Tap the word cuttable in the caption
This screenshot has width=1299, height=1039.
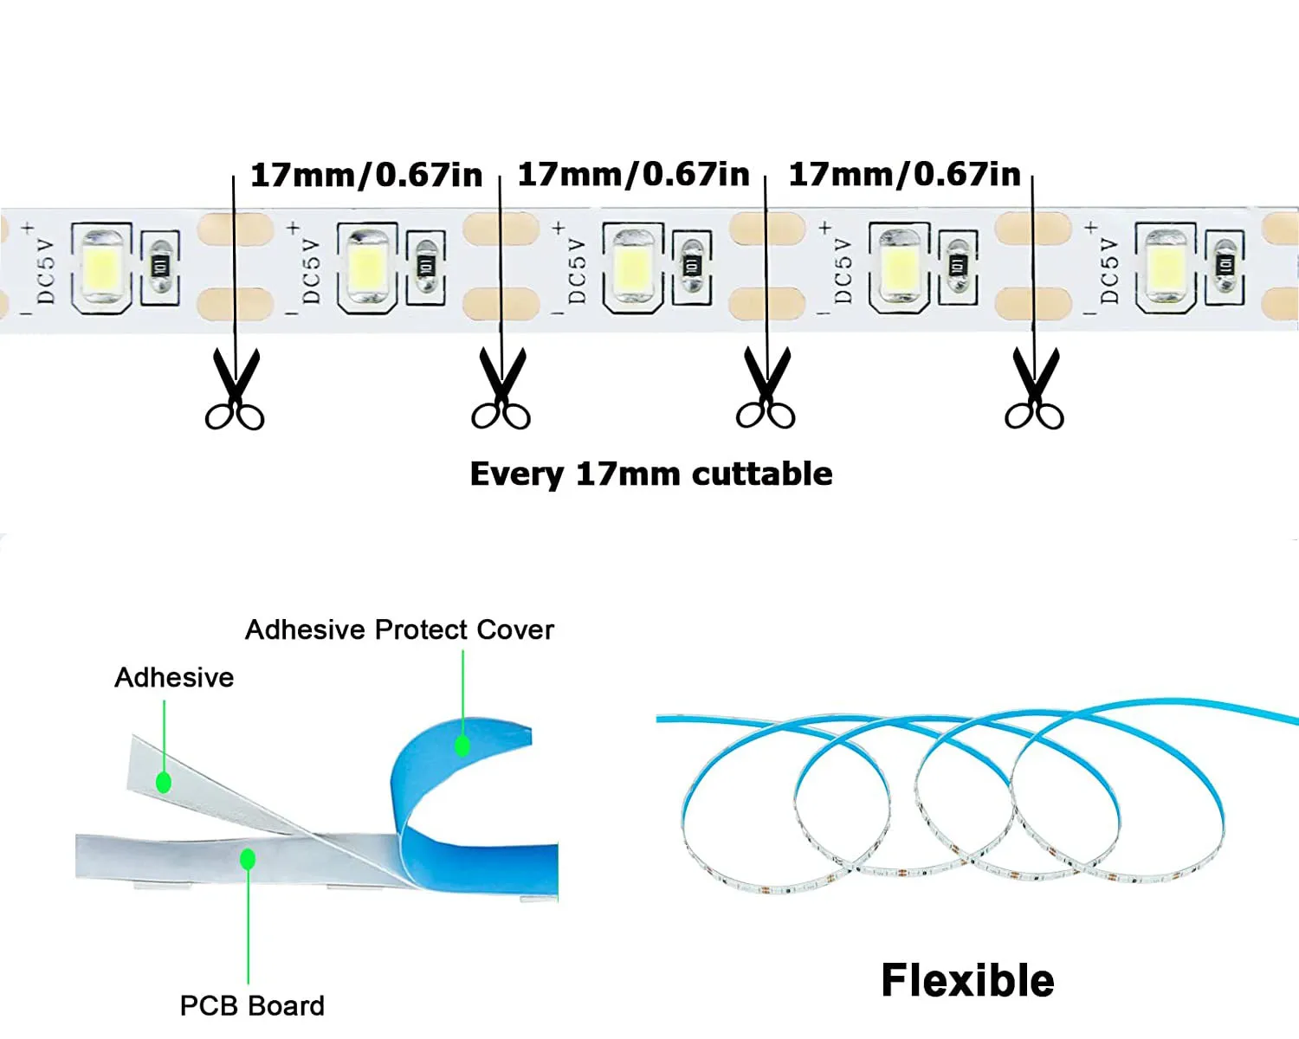[x=762, y=474]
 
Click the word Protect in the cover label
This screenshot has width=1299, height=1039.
[x=421, y=629]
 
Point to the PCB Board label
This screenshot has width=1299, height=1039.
[x=252, y=1006]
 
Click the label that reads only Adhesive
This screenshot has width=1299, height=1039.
[x=174, y=677]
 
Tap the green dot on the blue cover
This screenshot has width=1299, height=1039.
[x=462, y=746]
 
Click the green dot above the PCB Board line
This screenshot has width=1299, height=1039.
[x=248, y=859]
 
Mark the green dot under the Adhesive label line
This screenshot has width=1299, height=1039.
[x=164, y=783]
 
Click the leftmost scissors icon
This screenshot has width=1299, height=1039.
[x=234, y=389]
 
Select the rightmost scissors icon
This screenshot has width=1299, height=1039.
[x=1034, y=388]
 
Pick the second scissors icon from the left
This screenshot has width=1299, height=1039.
[x=501, y=388]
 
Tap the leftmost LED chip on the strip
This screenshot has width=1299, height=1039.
[x=102, y=266]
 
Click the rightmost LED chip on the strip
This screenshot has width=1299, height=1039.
[x=1167, y=266]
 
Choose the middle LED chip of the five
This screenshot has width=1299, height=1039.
[x=633, y=266]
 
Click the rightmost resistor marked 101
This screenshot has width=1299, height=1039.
[x=1225, y=266]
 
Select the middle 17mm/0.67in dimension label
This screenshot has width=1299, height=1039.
[x=633, y=175]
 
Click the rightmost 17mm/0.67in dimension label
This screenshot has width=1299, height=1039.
[x=904, y=175]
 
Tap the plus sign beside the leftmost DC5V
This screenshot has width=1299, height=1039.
[x=28, y=229]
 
